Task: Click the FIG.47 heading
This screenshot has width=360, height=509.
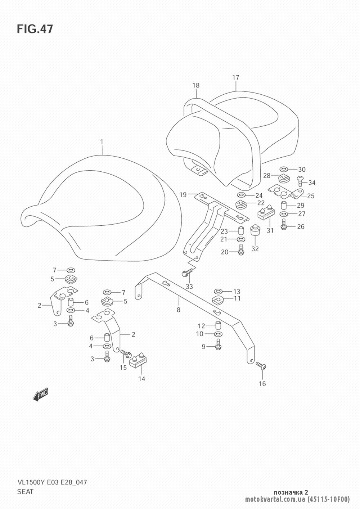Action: (x=35, y=29)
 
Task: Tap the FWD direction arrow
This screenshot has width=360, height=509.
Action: (x=40, y=395)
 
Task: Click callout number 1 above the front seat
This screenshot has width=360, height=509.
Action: (x=102, y=142)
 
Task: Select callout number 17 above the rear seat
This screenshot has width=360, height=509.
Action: (x=235, y=77)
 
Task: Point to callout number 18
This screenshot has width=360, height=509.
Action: (x=196, y=86)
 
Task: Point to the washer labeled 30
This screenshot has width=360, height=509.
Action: (x=283, y=169)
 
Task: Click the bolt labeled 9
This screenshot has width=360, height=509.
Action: (x=218, y=345)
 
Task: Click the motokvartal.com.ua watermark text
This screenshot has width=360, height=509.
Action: (x=276, y=499)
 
